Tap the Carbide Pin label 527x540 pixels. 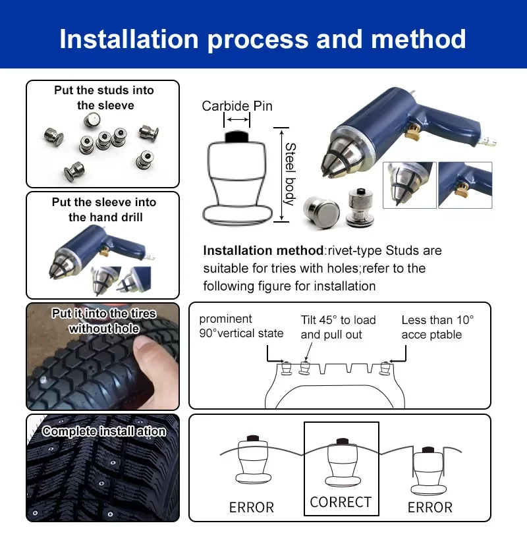click(236, 106)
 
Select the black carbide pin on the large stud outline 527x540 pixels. click(236, 136)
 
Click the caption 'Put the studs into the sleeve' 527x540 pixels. click(104, 98)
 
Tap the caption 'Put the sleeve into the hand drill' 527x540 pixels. click(104, 210)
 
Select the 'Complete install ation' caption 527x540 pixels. click(104, 432)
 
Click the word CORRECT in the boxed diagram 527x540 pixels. click(341, 502)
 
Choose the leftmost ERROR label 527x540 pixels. click(251, 508)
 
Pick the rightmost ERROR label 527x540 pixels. click(430, 508)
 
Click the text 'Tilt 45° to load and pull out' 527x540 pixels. click(338, 327)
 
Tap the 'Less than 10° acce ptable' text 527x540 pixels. click(437, 327)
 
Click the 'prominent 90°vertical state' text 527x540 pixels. click(241, 327)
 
